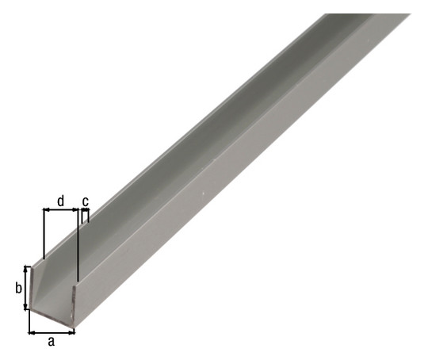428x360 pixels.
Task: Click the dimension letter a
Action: tap(51, 342)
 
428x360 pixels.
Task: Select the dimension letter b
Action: tap(18, 288)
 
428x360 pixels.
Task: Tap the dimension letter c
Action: tap(86, 201)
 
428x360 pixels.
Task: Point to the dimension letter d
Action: tap(60, 201)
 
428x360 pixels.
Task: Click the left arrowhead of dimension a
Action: tap(31, 333)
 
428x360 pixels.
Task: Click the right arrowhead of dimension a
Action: tap(72, 333)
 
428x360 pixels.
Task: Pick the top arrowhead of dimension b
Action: tap(26, 269)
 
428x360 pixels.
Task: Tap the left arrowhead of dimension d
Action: tap(47, 210)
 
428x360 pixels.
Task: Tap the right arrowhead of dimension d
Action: tap(75, 210)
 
